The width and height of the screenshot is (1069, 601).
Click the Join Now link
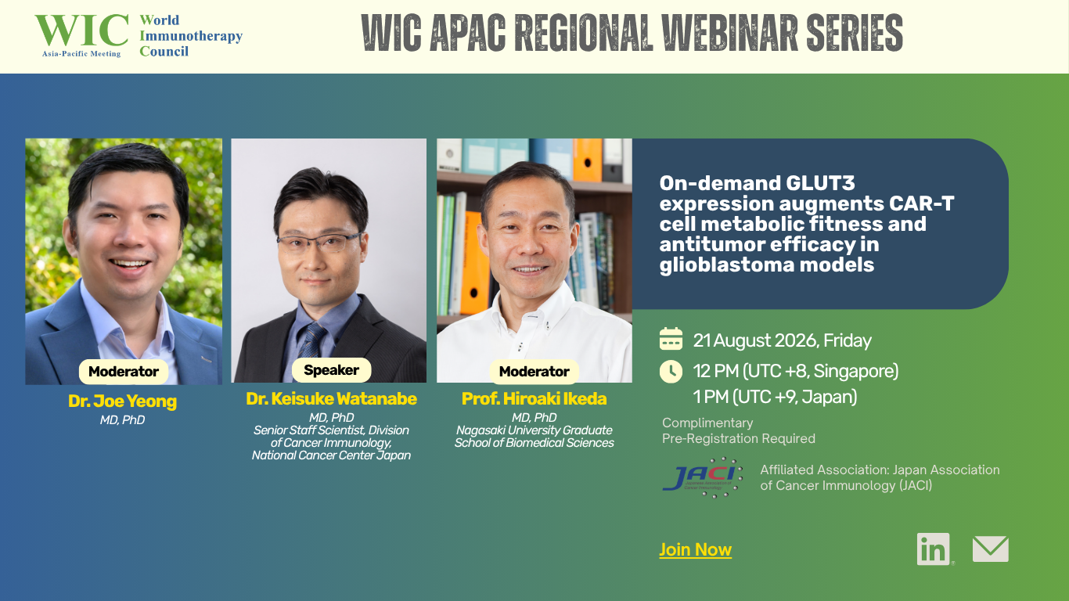(696, 550)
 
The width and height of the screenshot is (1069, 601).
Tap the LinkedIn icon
(933, 549)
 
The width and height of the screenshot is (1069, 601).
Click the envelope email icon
(991, 549)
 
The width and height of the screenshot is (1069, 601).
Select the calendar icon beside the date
(671, 340)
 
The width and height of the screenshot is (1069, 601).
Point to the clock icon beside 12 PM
(671, 371)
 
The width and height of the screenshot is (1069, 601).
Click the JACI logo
(703, 477)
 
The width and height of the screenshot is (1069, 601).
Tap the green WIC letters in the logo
(81, 31)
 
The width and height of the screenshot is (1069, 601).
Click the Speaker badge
(331, 370)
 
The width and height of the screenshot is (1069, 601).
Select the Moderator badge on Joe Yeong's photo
(124, 372)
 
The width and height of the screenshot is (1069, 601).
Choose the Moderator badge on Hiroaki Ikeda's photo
(534, 372)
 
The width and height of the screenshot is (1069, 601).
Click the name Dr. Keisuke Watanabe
(331, 398)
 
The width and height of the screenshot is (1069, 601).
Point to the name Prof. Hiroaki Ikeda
(534, 398)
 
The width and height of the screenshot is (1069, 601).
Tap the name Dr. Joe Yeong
(123, 401)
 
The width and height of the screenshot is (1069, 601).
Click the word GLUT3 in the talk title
(820, 183)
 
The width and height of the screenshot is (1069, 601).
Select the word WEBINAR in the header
(730, 32)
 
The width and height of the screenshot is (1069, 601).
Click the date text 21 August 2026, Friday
(782, 340)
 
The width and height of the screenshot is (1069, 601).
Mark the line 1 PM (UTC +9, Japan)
(775, 397)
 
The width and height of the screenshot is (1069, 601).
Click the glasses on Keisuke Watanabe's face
(319, 243)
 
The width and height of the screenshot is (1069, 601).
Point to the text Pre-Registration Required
(739, 439)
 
